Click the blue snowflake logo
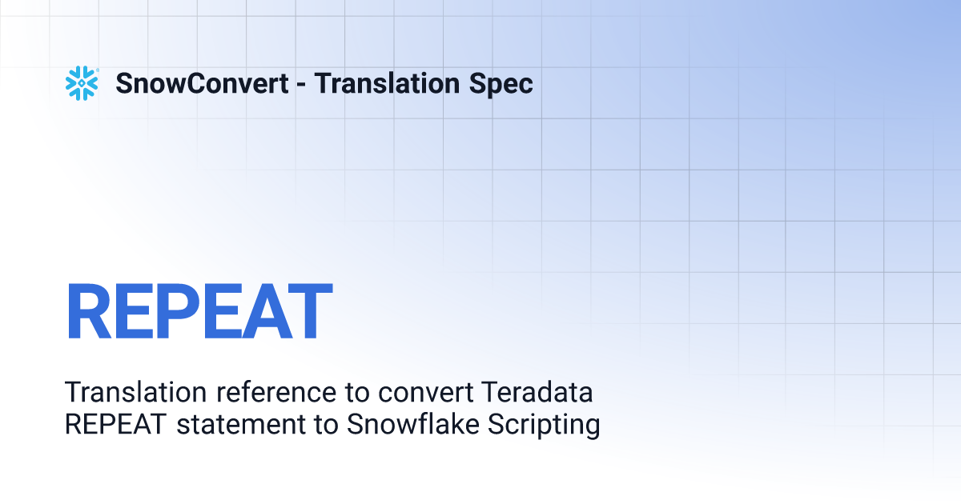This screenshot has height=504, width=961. point(82,83)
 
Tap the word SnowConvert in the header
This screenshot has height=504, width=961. point(202,83)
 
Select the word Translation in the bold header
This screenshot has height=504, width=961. point(387,83)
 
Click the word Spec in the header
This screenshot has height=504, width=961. point(501,84)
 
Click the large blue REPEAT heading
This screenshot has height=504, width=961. point(199,310)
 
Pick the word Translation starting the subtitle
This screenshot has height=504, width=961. point(135,392)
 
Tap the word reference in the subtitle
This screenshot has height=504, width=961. point(276,392)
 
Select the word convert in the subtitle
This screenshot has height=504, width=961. point(425,394)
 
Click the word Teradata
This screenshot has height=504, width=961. point(537,392)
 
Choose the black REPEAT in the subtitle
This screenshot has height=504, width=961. point(115,424)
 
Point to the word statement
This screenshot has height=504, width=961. point(241,425)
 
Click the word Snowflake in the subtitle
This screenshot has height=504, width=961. point(412,424)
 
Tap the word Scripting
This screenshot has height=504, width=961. point(544,425)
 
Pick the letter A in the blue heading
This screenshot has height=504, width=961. point(267,310)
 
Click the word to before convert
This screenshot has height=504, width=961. point(357,394)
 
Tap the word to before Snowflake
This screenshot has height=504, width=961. point(326,426)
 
